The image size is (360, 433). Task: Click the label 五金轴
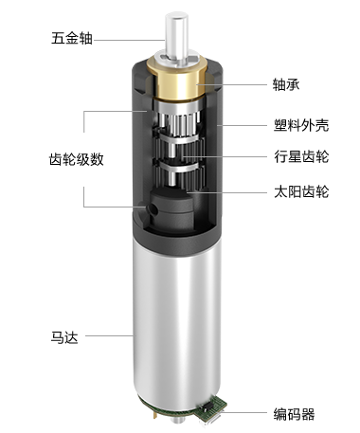click(72, 38)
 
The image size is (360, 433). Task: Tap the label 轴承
click(286, 84)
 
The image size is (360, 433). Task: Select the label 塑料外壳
click(301, 125)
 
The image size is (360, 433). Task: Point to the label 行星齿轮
click(301, 156)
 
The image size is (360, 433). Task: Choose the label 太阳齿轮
click(301, 191)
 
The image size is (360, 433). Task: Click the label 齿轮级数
click(77, 159)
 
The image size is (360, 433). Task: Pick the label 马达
click(64, 337)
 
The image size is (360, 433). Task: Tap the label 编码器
click(294, 414)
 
